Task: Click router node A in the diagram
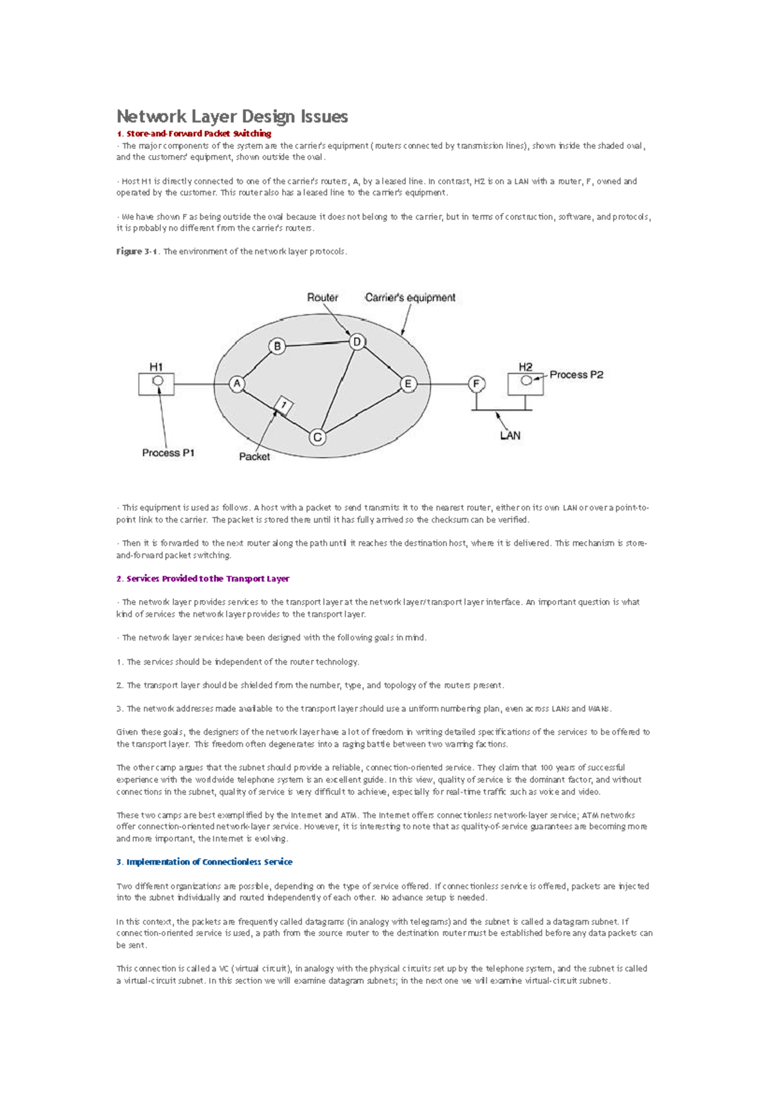pos(237,384)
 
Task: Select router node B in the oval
pos(277,346)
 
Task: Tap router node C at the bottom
pos(317,437)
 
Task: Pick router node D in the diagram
pos(357,342)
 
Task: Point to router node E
pos(408,384)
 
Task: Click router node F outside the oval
pos(477,384)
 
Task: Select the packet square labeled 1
pos(283,405)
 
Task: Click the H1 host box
pos(157,384)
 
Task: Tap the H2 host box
pos(525,383)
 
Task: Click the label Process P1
pos(168,453)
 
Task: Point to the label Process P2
pos(577,374)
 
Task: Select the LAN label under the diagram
pos(510,436)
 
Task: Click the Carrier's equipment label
pos(410,298)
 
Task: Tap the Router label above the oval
pos(322,298)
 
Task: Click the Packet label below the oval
pos(254,457)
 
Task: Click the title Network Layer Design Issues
pos(232,117)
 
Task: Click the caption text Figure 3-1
pos(137,252)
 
